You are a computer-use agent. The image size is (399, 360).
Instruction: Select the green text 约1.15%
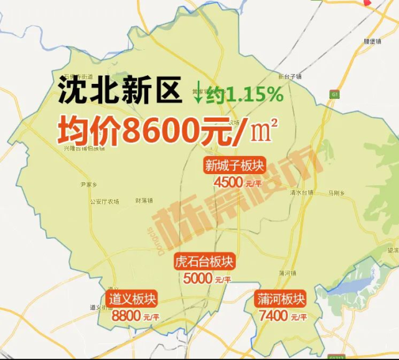(x=245, y=95)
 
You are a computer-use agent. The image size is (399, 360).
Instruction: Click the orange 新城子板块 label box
(x=235, y=166)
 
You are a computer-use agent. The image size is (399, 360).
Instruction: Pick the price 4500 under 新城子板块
(x=228, y=183)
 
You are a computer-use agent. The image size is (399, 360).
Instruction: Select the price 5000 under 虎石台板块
(x=199, y=279)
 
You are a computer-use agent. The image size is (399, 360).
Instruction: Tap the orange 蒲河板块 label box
(x=280, y=299)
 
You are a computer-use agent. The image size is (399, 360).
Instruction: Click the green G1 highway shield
(x=334, y=94)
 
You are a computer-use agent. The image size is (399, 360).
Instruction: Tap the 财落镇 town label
(x=144, y=200)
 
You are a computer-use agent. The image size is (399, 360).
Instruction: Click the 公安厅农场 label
(x=104, y=201)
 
